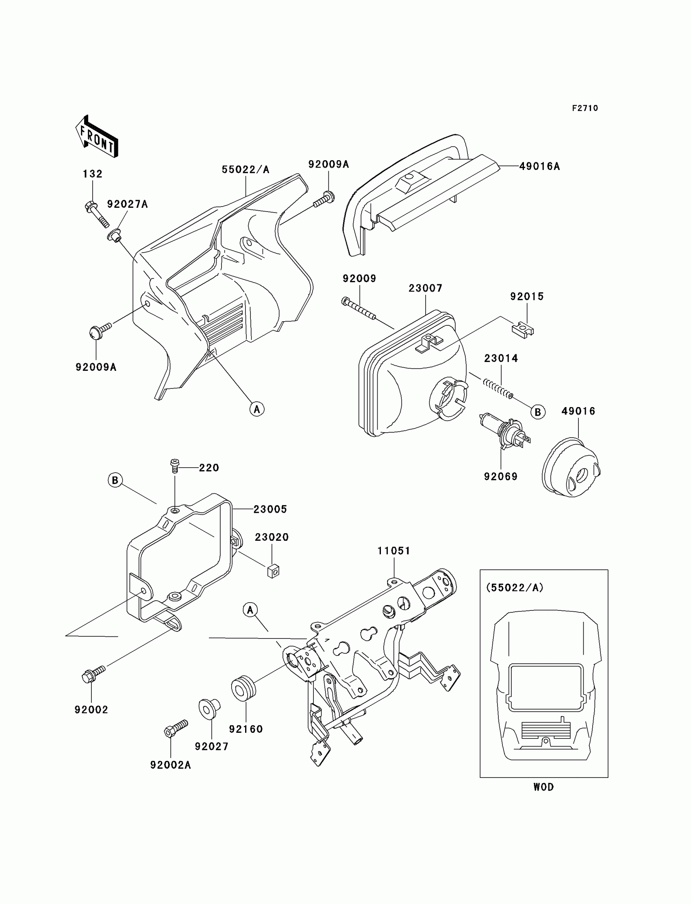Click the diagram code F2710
(x=585, y=108)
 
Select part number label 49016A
(x=539, y=167)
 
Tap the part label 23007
(x=425, y=288)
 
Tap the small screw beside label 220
(x=174, y=466)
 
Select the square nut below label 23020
(x=273, y=571)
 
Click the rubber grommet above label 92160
(x=243, y=687)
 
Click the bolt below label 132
(x=97, y=212)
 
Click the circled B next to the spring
(x=538, y=412)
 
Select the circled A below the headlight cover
(x=257, y=409)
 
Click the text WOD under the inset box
(x=543, y=787)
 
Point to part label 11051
(x=393, y=551)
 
